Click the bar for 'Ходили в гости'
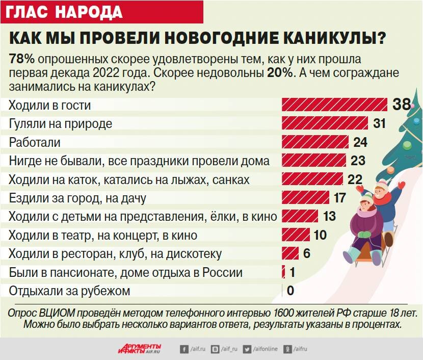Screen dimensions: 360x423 pyautogui.click(x=334, y=105)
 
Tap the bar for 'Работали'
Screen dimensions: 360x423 pyautogui.click(x=315, y=142)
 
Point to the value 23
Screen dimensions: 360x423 pyautogui.click(x=358, y=161)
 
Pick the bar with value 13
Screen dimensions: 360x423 pyautogui.click(x=300, y=216)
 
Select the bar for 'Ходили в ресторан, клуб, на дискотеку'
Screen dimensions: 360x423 pyautogui.click(x=290, y=253)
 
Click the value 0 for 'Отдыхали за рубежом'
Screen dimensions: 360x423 pyautogui.click(x=290, y=291)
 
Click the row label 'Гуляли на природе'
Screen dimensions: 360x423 pyautogui.click(x=60, y=123)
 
